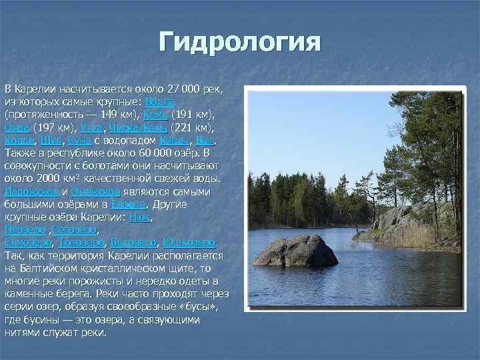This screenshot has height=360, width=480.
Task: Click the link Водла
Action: (x=159, y=101)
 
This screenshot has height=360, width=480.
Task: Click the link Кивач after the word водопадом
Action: (x=175, y=140)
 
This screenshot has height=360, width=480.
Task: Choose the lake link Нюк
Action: (x=142, y=217)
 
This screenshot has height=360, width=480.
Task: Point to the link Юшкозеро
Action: (x=189, y=242)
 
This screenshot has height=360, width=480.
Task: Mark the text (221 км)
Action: (x=191, y=127)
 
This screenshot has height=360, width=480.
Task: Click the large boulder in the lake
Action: (x=295, y=251)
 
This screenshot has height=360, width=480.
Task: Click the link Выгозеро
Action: (x=134, y=242)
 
